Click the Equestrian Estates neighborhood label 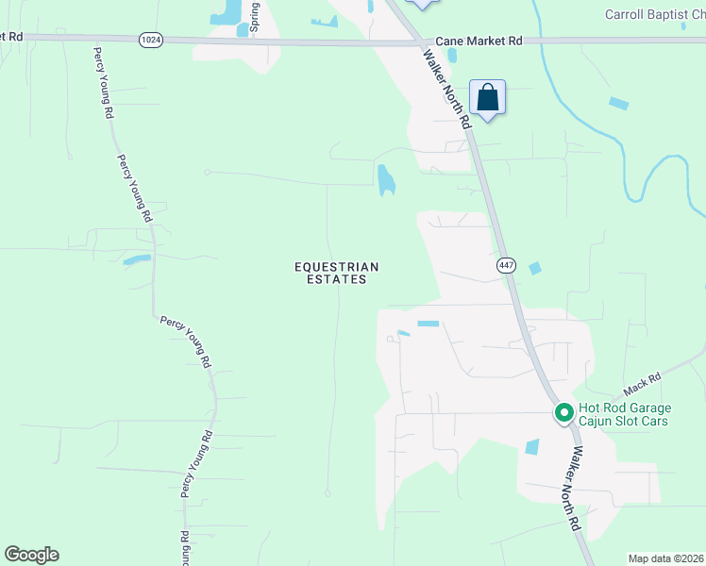click(x=337, y=273)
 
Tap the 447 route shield click(x=506, y=266)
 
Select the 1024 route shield click(x=150, y=39)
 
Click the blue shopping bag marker click(x=487, y=97)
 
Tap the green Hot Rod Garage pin click(x=564, y=413)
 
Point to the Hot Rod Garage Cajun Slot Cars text click(x=624, y=414)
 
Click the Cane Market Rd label click(x=479, y=42)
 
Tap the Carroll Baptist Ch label click(x=655, y=14)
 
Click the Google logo click(x=31, y=555)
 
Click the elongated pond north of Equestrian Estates click(x=385, y=179)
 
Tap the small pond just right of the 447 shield click(x=535, y=269)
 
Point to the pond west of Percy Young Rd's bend click(x=136, y=259)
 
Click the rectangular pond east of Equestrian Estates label click(x=429, y=324)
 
